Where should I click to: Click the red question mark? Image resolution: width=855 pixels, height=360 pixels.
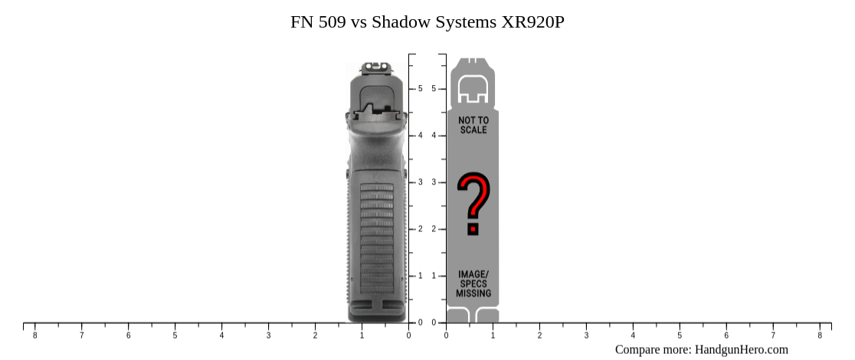[x=473, y=203]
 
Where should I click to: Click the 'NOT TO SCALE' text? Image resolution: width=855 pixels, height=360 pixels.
[x=473, y=125]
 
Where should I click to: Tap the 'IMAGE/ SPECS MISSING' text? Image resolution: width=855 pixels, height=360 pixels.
[x=473, y=283]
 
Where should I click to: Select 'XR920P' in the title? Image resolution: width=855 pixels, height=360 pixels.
[x=532, y=21]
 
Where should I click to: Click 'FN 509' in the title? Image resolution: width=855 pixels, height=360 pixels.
[x=318, y=21]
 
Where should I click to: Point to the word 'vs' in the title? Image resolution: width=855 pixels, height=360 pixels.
[x=359, y=21]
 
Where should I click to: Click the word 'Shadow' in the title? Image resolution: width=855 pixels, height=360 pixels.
[x=400, y=21]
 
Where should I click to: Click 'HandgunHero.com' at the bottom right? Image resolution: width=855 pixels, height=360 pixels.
[x=741, y=349]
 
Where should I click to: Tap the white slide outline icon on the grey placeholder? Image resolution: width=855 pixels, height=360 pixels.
[x=473, y=90]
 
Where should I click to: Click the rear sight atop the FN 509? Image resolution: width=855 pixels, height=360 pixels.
[x=375, y=68]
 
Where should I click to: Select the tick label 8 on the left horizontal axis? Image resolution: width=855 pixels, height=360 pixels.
[x=34, y=335]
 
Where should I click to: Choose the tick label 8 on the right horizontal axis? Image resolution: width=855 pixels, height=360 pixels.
[x=820, y=335]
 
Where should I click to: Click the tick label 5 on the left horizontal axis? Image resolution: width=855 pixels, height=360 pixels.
[x=175, y=335]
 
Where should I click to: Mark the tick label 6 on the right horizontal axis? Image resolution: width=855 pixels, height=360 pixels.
[x=726, y=335]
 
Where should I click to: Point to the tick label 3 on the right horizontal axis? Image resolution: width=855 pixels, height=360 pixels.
[x=586, y=335]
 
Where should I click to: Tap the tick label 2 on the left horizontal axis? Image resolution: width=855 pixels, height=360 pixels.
[x=315, y=335]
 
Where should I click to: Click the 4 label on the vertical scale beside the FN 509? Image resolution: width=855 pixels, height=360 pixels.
[x=420, y=136]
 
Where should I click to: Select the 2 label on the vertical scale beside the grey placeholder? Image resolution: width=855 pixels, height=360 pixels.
[x=434, y=229]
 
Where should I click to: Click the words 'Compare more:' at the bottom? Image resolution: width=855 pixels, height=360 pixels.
[x=653, y=349]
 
